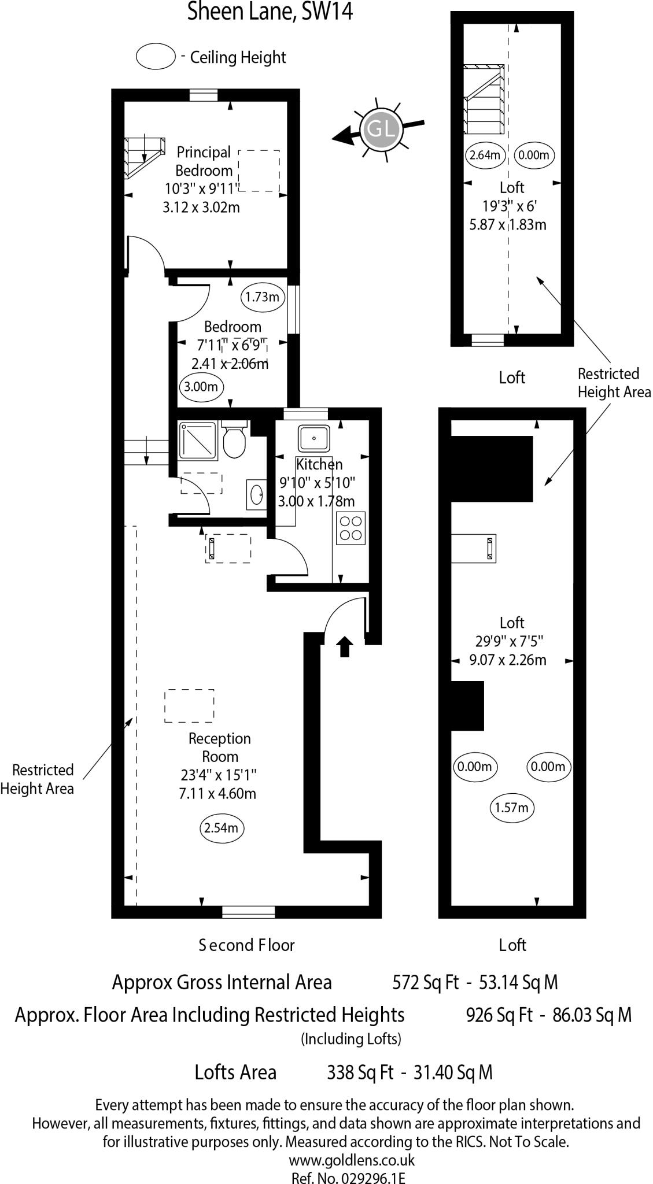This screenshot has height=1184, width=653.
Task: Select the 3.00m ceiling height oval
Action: pyautogui.click(x=201, y=387)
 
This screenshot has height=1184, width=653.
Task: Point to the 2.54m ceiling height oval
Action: pyautogui.click(x=221, y=828)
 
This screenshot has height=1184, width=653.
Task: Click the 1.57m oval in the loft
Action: pyautogui.click(x=511, y=807)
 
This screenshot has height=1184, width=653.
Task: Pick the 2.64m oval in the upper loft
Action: pyautogui.click(x=485, y=155)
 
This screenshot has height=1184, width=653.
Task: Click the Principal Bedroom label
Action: pyautogui.click(x=204, y=161)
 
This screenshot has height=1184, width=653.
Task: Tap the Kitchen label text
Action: pyautogui.click(x=319, y=464)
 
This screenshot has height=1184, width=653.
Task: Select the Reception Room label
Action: pyautogui.click(x=220, y=747)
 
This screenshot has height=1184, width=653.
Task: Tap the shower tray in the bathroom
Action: pyautogui.click(x=198, y=441)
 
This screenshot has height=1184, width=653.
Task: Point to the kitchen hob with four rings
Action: pyautogui.click(x=351, y=528)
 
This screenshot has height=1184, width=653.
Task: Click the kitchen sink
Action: pyautogui.click(x=314, y=438)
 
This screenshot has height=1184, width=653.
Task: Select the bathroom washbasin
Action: pyautogui.click(x=257, y=494)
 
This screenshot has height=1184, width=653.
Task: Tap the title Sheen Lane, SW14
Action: pyautogui.click(x=270, y=12)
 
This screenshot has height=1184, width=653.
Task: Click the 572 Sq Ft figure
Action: pyautogui.click(x=425, y=982)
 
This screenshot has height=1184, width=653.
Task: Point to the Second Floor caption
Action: pyautogui.click(x=246, y=945)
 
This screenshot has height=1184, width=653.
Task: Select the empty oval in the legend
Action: pyautogui.click(x=156, y=57)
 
